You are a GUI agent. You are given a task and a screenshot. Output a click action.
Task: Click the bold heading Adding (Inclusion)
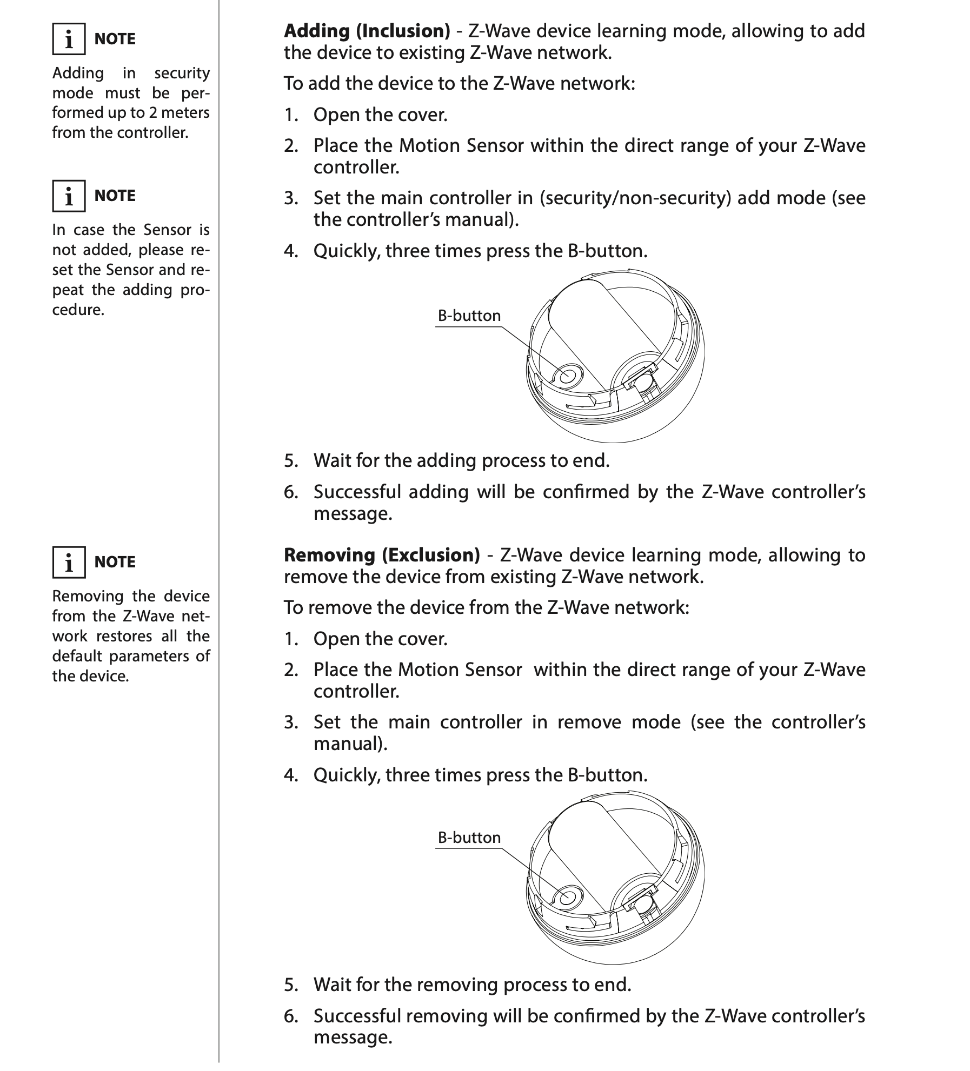[x=367, y=31]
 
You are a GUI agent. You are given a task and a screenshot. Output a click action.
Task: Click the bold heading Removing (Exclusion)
[x=382, y=555]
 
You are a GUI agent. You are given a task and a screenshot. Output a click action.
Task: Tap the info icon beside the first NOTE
[x=69, y=39]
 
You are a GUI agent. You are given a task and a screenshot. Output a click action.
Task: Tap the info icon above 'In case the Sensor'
[x=69, y=196]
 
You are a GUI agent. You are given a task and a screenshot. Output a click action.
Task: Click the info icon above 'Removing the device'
[x=69, y=563]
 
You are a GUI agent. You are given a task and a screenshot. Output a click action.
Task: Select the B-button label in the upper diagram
[x=469, y=316]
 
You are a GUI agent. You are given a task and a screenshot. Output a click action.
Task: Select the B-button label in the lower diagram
[x=469, y=838]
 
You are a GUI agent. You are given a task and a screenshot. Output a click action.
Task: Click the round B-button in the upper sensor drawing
[x=566, y=374]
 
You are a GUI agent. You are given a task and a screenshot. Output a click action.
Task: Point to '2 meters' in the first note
[x=179, y=113]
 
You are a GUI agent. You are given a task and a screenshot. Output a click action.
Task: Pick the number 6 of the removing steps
[x=291, y=1016]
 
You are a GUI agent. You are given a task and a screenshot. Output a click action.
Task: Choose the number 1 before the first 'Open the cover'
[x=291, y=115]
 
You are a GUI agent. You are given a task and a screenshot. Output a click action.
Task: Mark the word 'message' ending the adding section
[x=353, y=513]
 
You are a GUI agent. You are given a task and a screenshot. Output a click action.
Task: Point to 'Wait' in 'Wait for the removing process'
[x=332, y=985]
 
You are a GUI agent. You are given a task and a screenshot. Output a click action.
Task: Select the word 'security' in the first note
[x=182, y=73]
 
